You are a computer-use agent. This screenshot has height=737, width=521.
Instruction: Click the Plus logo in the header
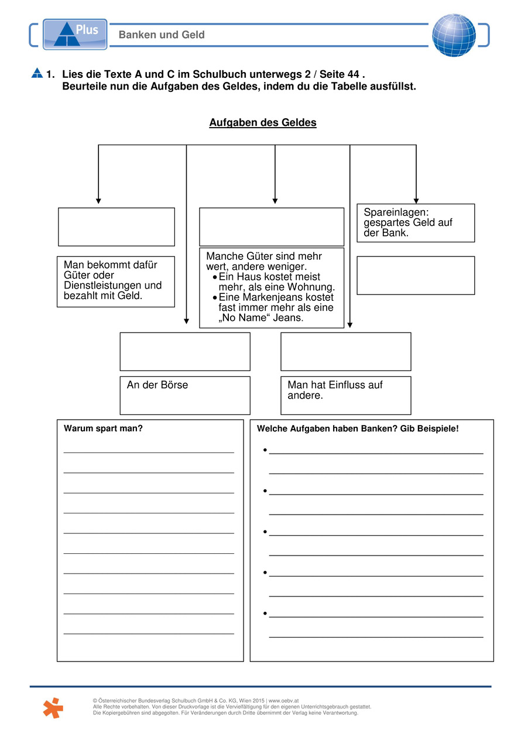[75, 34]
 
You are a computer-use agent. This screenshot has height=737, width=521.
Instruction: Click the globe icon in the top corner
[454, 35]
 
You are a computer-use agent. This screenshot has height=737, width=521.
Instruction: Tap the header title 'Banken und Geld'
[162, 35]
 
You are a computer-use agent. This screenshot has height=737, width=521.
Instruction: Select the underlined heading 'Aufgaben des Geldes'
[263, 123]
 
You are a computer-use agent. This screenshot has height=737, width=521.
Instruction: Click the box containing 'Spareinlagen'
[416, 222]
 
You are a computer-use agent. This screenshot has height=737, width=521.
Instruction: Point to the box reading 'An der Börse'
[185, 395]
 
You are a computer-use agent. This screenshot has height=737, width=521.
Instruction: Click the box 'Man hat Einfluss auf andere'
[345, 395]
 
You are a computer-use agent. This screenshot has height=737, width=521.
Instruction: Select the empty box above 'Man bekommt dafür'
[116, 227]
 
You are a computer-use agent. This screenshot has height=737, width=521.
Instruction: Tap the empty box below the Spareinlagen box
[416, 275]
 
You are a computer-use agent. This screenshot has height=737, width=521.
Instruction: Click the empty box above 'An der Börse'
[185, 351]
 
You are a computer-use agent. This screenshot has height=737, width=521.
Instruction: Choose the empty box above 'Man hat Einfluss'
[345, 351]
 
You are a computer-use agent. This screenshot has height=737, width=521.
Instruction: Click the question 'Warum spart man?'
[103, 429]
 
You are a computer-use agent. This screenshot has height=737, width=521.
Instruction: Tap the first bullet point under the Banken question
[265, 451]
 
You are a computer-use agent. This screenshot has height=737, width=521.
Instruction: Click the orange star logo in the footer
[53, 707]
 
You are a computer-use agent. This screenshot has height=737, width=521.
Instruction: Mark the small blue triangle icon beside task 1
[37, 74]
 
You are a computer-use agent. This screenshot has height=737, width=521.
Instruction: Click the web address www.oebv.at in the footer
[283, 701]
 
